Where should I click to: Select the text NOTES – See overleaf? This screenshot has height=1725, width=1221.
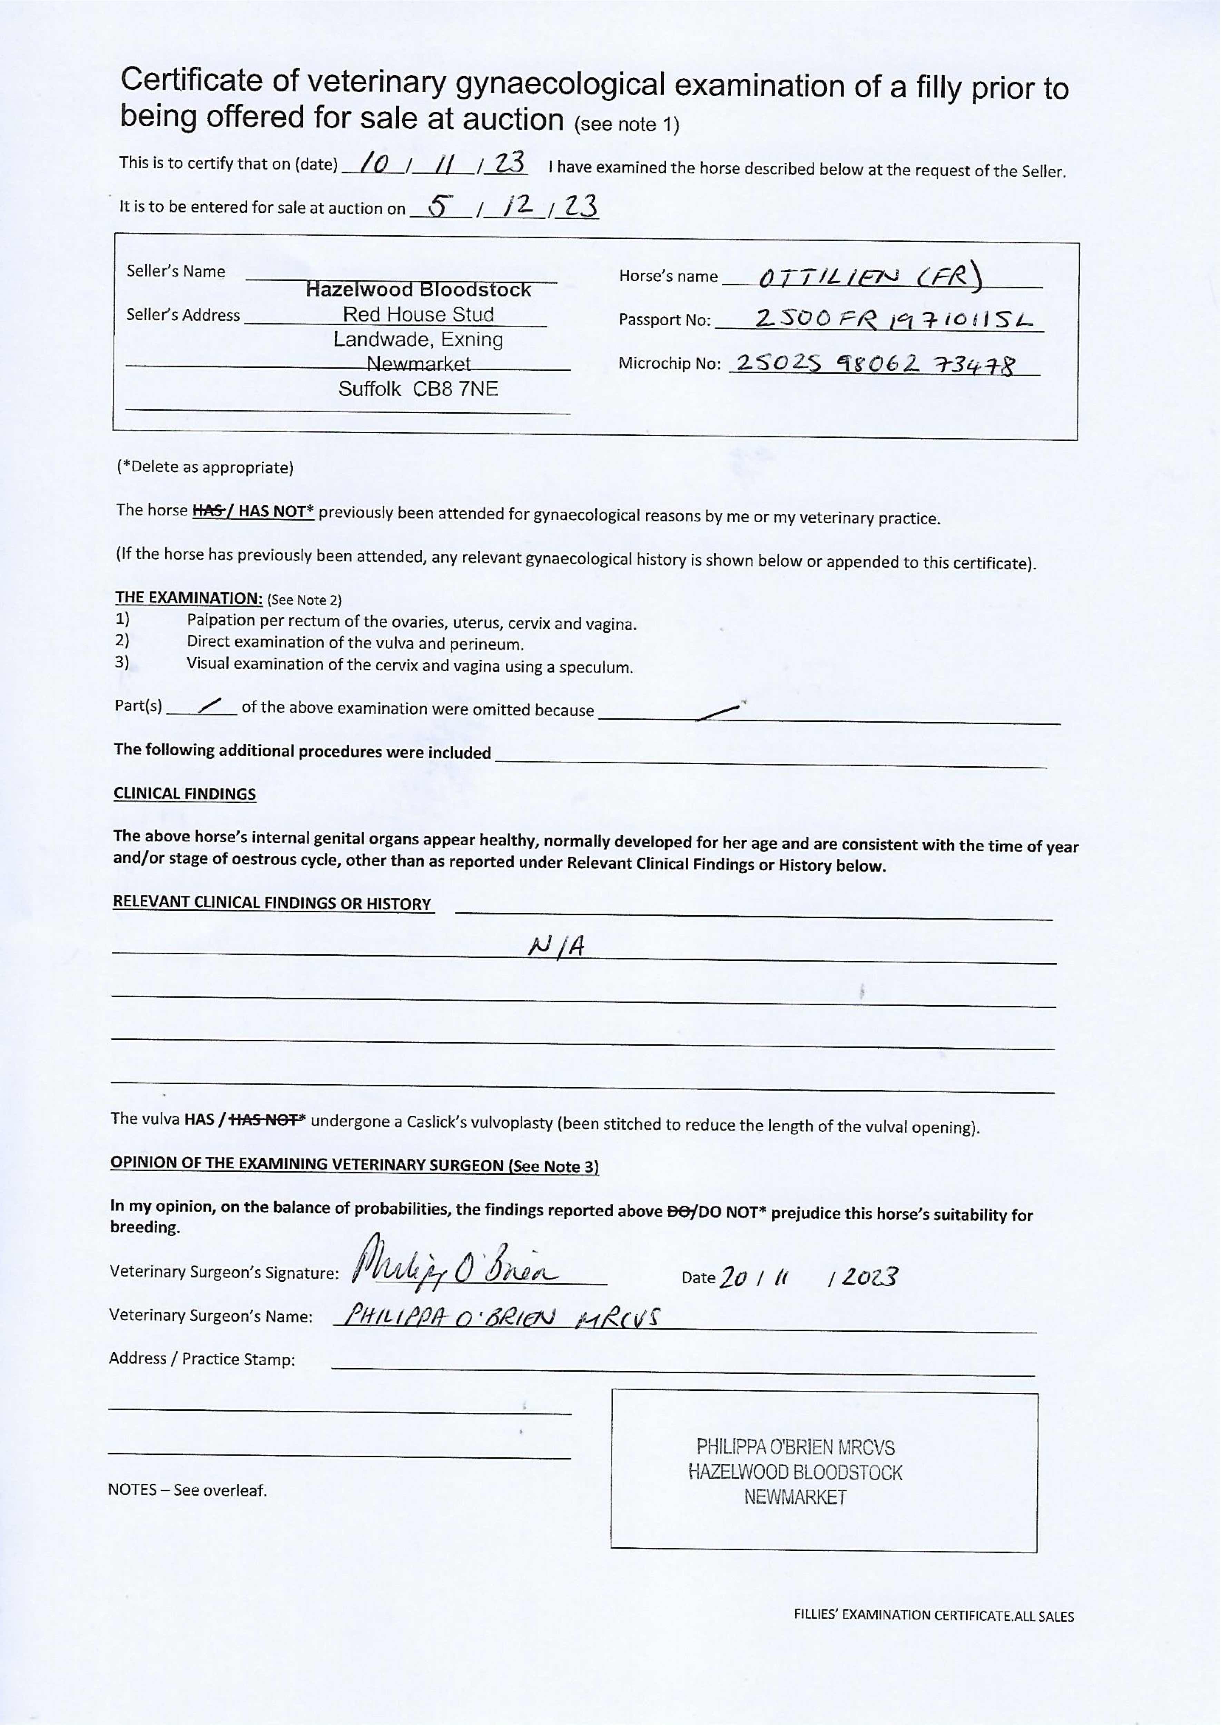pyautogui.click(x=187, y=1490)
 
